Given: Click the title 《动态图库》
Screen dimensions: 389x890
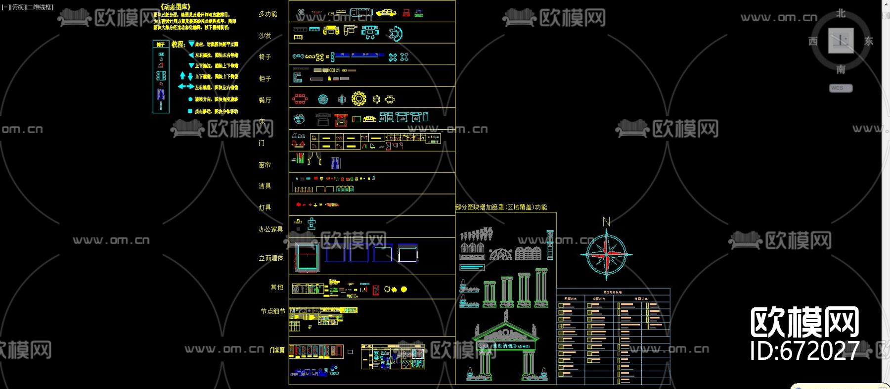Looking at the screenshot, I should [x=175, y=7].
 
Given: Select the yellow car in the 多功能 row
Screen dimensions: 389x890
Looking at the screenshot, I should [x=386, y=13].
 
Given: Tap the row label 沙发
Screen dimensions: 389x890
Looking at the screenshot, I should [x=265, y=36].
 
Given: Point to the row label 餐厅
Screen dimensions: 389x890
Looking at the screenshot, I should [x=265, y=100].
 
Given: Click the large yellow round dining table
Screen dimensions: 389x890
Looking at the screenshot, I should [x=359, y=99].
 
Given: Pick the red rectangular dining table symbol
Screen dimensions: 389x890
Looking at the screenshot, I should [x=300, y=99].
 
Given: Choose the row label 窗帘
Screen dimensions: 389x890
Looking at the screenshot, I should [x=265, y=165].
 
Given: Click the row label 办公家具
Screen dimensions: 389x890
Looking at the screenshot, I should [x=270, y=229].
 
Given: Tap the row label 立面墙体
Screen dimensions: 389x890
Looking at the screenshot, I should [x=271, y=258].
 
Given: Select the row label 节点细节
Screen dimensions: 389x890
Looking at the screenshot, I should [x=273, y=311].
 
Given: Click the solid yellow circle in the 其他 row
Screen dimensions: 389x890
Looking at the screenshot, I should [x=404, y=289].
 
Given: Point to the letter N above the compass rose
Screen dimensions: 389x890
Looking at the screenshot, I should [x=606, y=222].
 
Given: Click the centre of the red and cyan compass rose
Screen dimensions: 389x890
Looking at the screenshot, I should [x=606, y=254].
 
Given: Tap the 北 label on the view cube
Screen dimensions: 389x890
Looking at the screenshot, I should [x=841, y=13].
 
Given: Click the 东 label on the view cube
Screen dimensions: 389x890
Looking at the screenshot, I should [x=869, y=41].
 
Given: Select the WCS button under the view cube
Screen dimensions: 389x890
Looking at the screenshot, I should [x=840, y=88].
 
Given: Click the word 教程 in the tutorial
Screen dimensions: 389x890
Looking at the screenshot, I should [x=178, y=44].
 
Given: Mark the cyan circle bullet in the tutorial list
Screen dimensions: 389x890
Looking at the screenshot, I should [x=190, y=99].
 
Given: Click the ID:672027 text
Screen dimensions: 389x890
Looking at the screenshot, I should [x=804, y=350].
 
